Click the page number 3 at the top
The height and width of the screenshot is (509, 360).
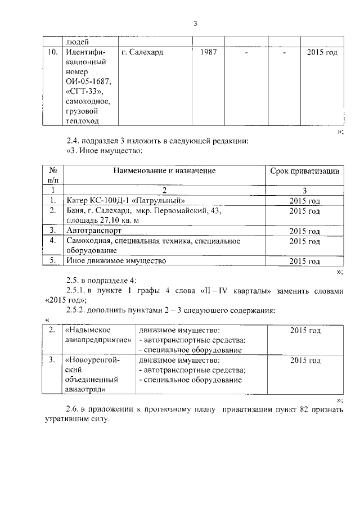pyautogui.click(x=195, y=24)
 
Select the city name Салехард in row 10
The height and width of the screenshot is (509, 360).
pyautogui.click(x=148, y=53)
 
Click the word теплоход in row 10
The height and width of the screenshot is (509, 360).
pyautogui.click(x=82, y=121)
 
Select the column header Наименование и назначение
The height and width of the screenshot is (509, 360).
pyautogui.click(x=164, y=170)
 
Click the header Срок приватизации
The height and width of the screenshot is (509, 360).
pyautogui.click(x=304, y=170)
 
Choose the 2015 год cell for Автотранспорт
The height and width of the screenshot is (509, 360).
pyautogui.click(x=304, y=231)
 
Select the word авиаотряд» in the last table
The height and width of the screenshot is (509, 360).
pyautogui.click(x=87, y=388)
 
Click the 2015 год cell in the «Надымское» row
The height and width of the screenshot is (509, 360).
pyautogui.click(x=305, y=330)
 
